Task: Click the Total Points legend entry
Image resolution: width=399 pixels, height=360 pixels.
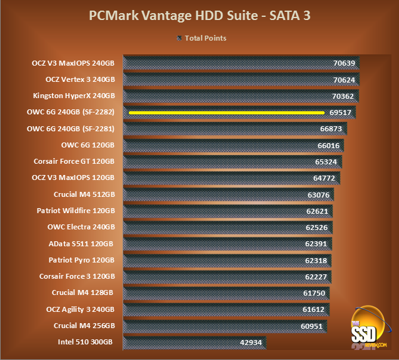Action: [201, 38]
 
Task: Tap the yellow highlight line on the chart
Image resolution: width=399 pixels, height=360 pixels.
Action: [226, 112]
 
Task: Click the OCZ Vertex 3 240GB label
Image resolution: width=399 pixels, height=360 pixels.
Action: [80, 79]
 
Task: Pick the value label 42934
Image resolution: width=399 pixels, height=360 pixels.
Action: [253, 342]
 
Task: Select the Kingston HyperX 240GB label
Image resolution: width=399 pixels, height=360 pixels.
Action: [74, 96]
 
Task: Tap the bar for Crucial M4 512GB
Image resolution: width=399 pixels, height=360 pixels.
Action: [228, 194]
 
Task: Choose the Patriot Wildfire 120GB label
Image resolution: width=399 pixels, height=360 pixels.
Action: [76, 211]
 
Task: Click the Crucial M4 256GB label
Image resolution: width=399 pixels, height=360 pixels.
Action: [84, 325]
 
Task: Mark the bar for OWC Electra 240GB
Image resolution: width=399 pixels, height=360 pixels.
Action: [228, 227]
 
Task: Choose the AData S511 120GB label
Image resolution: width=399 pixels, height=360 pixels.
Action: [81, 243]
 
